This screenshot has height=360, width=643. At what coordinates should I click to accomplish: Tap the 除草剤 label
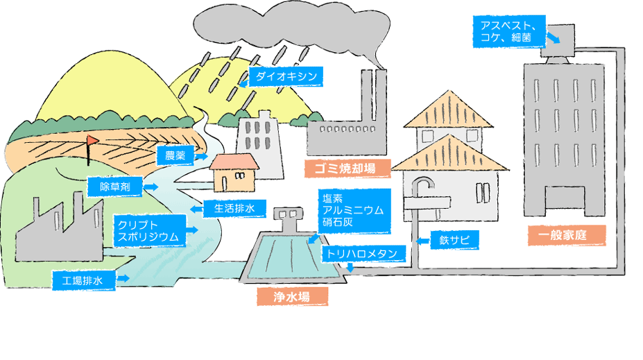(115, 186)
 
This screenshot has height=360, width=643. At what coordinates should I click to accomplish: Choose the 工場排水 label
(83, 280)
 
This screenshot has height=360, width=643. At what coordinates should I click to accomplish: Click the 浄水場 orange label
(291, 296)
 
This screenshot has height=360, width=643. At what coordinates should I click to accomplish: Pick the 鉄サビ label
(455, 241)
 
